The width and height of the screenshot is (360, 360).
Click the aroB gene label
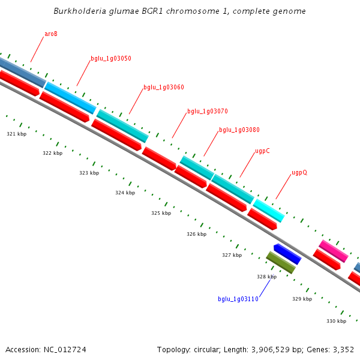point(51,34)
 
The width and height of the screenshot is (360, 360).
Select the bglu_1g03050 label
point(111,59)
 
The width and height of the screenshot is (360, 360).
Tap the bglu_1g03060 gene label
point(164,88)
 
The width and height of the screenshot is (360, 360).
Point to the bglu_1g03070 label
point(208,112)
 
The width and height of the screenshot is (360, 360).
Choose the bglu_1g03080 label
point(239,130)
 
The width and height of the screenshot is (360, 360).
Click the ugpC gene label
point(262,151)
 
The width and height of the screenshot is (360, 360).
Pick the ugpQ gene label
point(299,173)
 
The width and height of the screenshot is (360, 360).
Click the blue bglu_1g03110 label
point(238,299)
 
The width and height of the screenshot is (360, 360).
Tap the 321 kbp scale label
point(17,134)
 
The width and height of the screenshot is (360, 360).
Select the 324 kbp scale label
point(125,193)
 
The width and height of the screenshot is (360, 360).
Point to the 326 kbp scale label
point(196,234)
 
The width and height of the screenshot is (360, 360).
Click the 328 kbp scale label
point(266,277)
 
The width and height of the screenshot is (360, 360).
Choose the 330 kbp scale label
point(336,321)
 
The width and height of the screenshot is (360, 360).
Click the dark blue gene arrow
point(287,254)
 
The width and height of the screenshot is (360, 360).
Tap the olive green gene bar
point(281,263)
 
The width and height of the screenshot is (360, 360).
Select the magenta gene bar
point(334,251)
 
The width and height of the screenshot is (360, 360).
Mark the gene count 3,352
point(343,350)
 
